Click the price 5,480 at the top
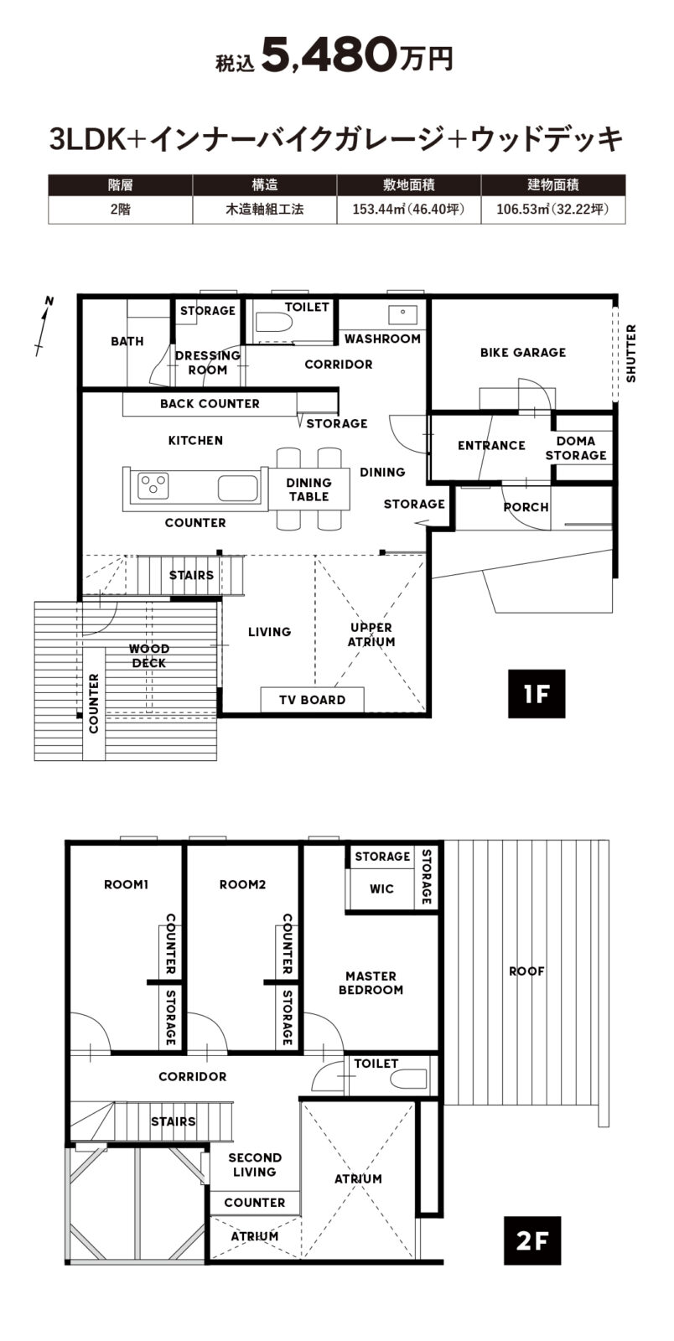329,55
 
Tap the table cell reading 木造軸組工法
265,210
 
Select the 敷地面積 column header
409,185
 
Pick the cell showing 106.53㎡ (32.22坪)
553,210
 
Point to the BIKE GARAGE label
523,353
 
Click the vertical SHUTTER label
631,353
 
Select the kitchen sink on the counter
237,488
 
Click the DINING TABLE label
308,489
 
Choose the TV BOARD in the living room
313,700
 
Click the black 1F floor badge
537,694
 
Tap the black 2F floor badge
532,1240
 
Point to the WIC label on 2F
382,889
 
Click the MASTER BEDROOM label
371,983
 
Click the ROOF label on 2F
526,971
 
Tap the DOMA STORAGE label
576,448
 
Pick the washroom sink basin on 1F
403,313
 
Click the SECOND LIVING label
254,1165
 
